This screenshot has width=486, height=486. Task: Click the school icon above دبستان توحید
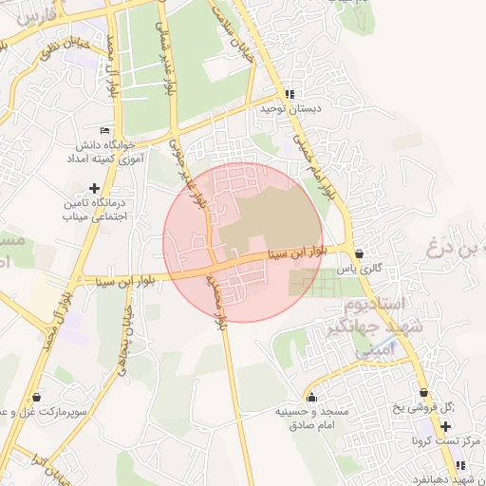290,94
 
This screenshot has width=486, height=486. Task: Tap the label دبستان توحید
290,109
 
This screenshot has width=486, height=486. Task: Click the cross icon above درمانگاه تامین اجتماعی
93,188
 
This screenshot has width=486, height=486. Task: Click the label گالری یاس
363,269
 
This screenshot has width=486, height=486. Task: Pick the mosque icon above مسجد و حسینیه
311,397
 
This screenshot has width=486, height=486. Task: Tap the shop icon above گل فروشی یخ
423,393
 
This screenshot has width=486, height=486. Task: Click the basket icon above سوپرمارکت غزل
36,397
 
